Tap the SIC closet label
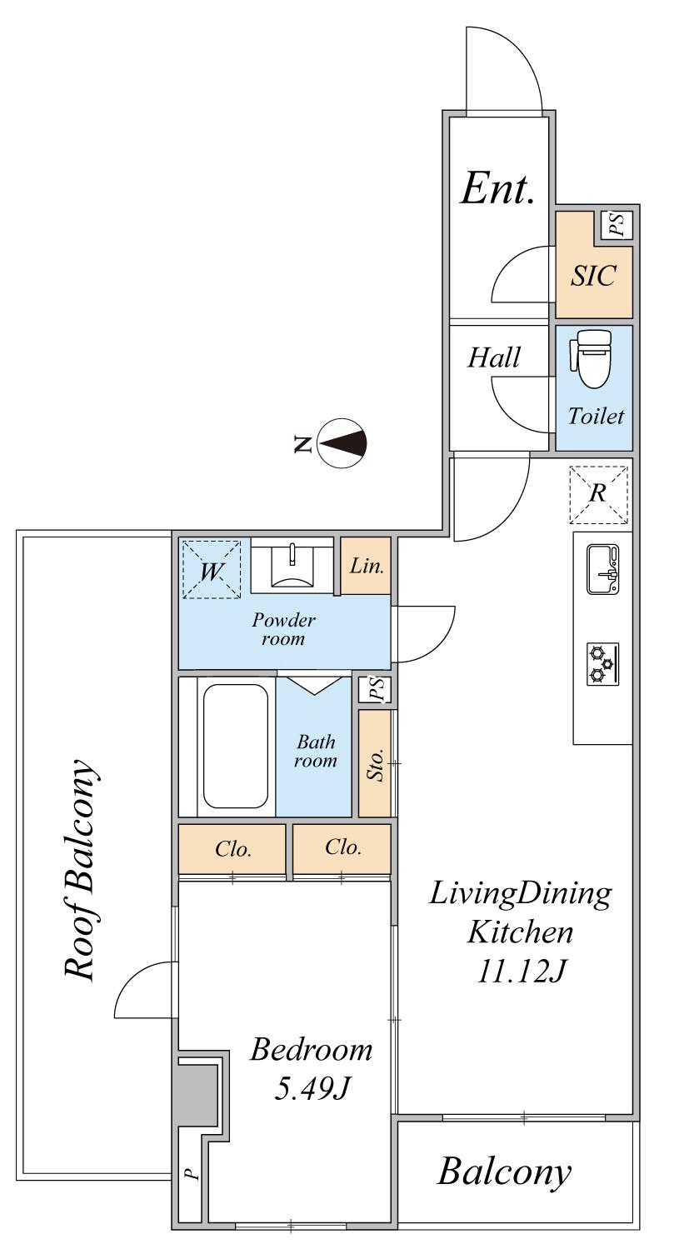point(593,275)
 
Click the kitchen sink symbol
point(602,569)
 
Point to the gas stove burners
point(602,663)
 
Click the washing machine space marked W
point(212,569)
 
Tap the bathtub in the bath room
point(235,746)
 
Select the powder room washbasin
point(292,567)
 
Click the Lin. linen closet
point(366,566)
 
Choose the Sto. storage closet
point(375,762)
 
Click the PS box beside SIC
point(616,225)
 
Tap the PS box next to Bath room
point(377,689)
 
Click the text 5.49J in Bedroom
point(312,1088)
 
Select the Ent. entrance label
point(497,188)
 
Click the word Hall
point(493,357)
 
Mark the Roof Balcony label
point(81,869)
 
